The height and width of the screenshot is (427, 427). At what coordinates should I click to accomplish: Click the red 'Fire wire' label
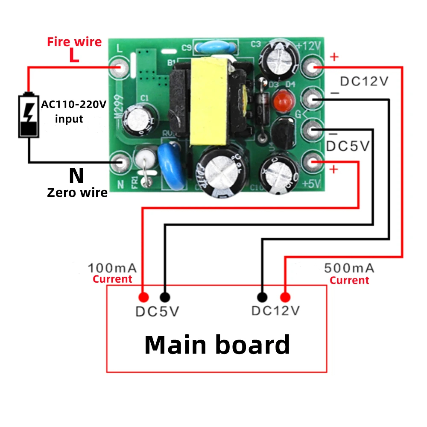click(74, 42)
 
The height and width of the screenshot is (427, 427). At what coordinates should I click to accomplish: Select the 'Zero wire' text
click(77, 193)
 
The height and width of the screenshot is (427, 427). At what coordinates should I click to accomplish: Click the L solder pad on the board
click(120, 67)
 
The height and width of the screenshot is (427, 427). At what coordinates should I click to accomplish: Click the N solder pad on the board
click(120, 162)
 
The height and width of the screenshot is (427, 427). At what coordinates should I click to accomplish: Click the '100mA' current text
click(112, 268)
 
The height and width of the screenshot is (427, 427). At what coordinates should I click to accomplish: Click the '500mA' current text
click(349, 268)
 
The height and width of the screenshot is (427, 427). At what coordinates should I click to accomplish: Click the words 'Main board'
click(217, 345)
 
